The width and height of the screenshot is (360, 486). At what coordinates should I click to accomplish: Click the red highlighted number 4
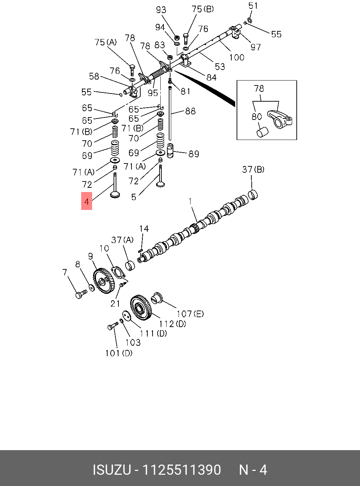click(86, 202)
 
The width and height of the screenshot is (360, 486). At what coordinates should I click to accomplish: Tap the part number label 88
click(190, 111)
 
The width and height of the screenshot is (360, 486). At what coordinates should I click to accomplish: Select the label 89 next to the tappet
click(194, 154)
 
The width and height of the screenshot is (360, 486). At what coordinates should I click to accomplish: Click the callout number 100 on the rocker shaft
click(237, 57)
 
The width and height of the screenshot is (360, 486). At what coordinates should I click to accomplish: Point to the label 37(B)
click(253, 170)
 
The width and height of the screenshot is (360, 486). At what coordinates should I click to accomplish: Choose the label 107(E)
click(190, 314)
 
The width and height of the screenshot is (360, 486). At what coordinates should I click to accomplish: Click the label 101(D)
click(119, 353)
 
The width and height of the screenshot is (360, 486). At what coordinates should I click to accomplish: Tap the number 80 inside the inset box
click(257, 116)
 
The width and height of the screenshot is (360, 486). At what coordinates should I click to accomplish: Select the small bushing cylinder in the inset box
click(262, 132)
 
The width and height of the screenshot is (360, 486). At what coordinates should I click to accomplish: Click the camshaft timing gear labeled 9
click(104, 281)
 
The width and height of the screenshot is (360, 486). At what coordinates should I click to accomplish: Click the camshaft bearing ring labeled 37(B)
click(253, 195)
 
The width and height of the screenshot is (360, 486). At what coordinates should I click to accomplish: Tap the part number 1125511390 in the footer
click(181, 470)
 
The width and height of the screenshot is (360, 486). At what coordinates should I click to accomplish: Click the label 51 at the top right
click(253, 6)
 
